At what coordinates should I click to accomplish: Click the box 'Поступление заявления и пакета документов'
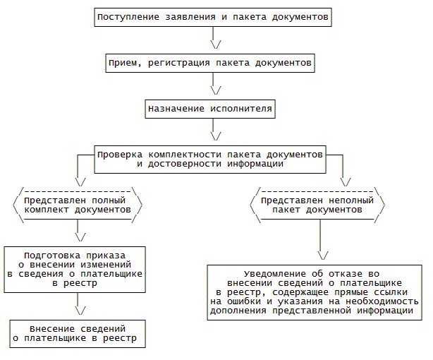213,17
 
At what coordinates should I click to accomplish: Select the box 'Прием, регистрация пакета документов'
209,64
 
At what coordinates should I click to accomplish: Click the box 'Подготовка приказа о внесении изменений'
75,269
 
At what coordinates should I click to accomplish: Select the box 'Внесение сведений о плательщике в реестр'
78,334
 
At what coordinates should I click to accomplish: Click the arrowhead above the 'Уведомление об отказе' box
322,255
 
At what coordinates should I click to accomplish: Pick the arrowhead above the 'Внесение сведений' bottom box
80,310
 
